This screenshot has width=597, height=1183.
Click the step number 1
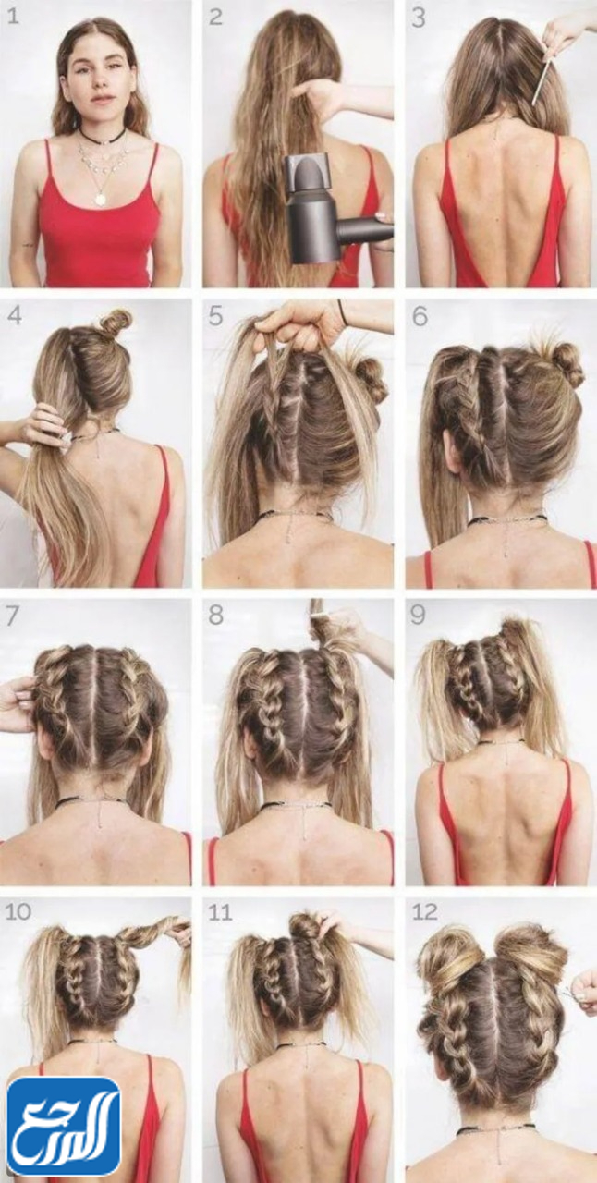13,17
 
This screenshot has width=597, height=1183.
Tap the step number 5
215,316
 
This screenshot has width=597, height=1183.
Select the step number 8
215,616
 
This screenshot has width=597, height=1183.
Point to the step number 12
426,912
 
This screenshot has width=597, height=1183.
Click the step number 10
18,912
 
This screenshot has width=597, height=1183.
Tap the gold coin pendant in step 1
100,199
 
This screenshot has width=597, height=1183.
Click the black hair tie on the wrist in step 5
342,312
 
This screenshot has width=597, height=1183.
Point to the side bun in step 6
565,365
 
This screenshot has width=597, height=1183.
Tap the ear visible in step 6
454,454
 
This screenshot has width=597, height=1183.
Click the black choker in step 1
103,138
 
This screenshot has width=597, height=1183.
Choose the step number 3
419,17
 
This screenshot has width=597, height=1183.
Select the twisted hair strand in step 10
154,936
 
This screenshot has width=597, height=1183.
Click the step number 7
13,616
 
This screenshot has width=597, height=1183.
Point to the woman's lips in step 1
103,98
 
